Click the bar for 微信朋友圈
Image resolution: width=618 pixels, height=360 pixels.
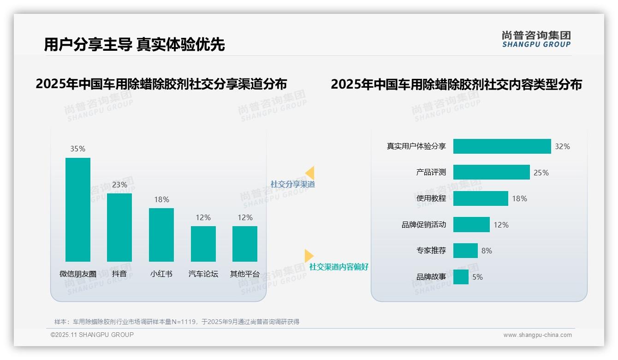pos(78,210)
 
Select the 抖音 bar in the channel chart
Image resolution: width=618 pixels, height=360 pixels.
pos(119,227)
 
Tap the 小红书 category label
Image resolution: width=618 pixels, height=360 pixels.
pos(161,274)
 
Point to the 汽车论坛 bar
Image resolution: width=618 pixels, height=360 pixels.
pos(203,244)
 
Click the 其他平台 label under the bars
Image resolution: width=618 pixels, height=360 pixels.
pos(245,274)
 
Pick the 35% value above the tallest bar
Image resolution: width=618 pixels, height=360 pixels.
pos(78,149)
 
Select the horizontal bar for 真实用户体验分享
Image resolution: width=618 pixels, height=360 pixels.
pos(502,146)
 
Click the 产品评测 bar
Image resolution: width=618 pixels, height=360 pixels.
pos(491,172)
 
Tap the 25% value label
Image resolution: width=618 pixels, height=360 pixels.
pos(541,173)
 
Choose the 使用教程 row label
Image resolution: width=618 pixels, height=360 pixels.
pos(431,198)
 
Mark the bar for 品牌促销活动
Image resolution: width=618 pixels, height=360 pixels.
pos(471,225)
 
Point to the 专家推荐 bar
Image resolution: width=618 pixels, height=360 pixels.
pos(465,251)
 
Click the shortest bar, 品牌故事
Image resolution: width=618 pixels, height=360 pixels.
pos(461,277)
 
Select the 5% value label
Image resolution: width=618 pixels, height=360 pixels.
pos(477,277)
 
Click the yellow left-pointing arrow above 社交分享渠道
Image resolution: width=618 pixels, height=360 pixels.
pos(310,173)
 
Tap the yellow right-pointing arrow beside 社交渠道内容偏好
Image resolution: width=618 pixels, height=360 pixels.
pos(309,256)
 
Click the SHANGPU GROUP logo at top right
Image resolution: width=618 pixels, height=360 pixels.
pos(536,39)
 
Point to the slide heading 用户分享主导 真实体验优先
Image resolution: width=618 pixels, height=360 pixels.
pos(134,44)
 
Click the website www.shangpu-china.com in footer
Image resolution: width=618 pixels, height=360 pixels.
pos(537,335)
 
